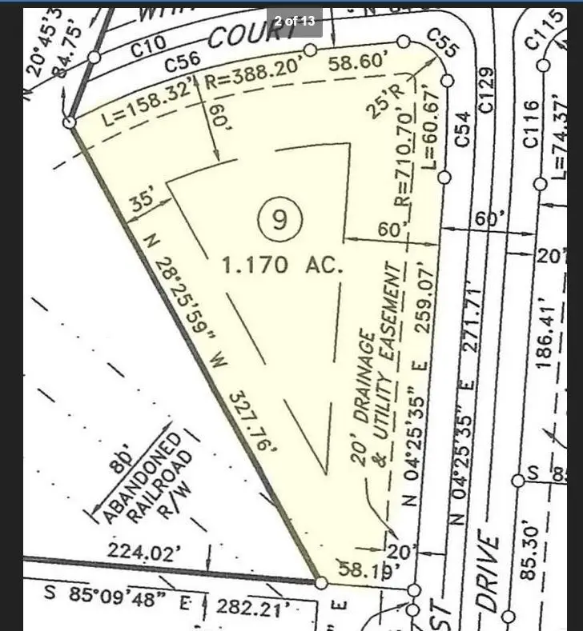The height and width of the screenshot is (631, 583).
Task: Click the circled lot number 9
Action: coord(279,218)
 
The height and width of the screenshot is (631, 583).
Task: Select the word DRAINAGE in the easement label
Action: coord(364,393)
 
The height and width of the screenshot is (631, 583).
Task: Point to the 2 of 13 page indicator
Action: coord(295,21)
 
